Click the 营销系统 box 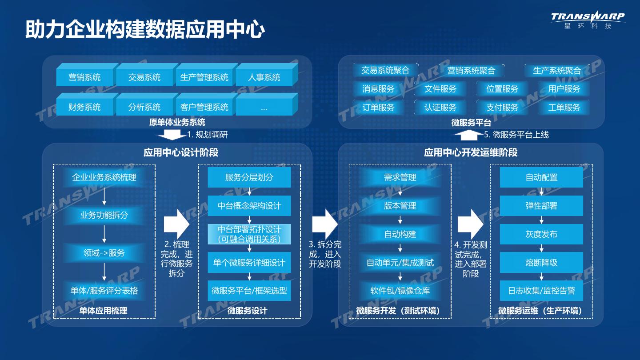click(x=84, y=77)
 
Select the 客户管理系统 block click(x=204, y=107)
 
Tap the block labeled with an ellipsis click(x=264, y=107)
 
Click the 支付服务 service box click(x=502, y=107)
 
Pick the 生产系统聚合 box click(x=557, y=71)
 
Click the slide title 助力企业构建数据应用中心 click(x=145, y=30)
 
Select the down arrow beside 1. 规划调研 click(x=169, y=135)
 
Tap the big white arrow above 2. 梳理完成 click(x=176, y=224)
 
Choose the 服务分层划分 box click(x=249, y=177)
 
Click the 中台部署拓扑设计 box click(x=249, y=234)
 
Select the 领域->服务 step click(x=104, y=253)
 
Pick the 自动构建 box click(x=400, y=234)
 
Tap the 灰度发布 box click(x=541, y=234)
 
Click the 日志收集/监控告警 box click(x=541, y=291)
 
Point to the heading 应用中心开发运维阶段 click(x=471, y=153)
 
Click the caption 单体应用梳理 click(x=103, y=311)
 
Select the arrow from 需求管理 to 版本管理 click(x=400, y=192)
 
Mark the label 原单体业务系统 click(x=177, y=122)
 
